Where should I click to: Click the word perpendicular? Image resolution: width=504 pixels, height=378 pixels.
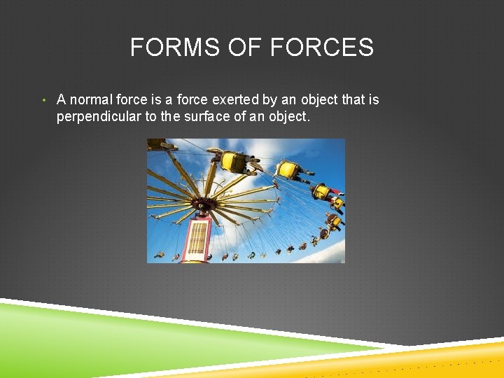coord(99,117)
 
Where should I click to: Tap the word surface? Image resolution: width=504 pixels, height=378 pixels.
coord(208,117)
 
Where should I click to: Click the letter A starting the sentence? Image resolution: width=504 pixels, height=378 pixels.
coord(62,100)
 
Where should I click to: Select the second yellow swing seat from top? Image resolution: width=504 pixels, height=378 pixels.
coord(288,170)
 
